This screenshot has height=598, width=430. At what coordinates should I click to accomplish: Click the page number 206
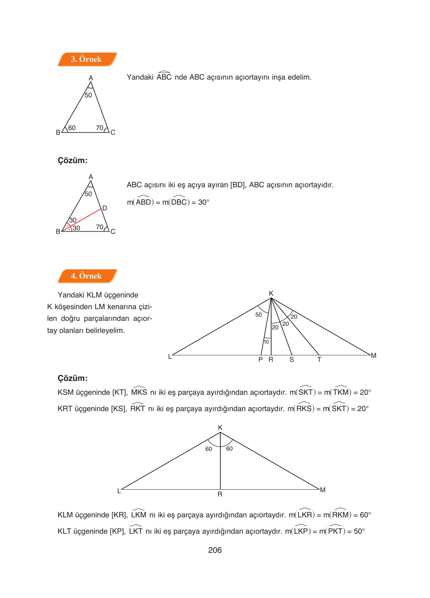(x=215, y=550)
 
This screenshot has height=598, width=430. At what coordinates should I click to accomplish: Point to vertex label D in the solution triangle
(x=105, y=208)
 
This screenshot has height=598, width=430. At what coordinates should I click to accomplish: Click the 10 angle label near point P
(x=266, y=342)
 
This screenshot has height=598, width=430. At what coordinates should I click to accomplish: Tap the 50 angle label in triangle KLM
(x=258, y=315)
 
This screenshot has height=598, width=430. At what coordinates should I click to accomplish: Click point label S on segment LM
(x=291, y=360)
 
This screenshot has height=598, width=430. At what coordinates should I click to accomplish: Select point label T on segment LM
(x=319, y=360)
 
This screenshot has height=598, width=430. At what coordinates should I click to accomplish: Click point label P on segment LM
(x=260, y=360)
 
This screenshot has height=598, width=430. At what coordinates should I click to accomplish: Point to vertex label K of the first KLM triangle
(x=271, y=293)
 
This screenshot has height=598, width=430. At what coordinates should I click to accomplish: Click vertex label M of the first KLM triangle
(x=373, y=355)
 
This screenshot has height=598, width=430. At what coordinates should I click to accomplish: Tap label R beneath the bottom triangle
(x=220, y=494)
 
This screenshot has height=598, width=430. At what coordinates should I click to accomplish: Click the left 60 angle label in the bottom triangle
(x=209, y=449)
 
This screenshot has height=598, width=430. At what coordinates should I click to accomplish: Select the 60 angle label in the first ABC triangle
(x=72, y=128)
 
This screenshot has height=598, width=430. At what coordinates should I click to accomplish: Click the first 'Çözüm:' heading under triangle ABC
(x=72, y=160)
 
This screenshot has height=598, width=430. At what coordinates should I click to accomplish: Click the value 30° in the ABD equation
(x=204, y=203)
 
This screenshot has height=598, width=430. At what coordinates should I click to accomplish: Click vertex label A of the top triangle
(x=91, y=78)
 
